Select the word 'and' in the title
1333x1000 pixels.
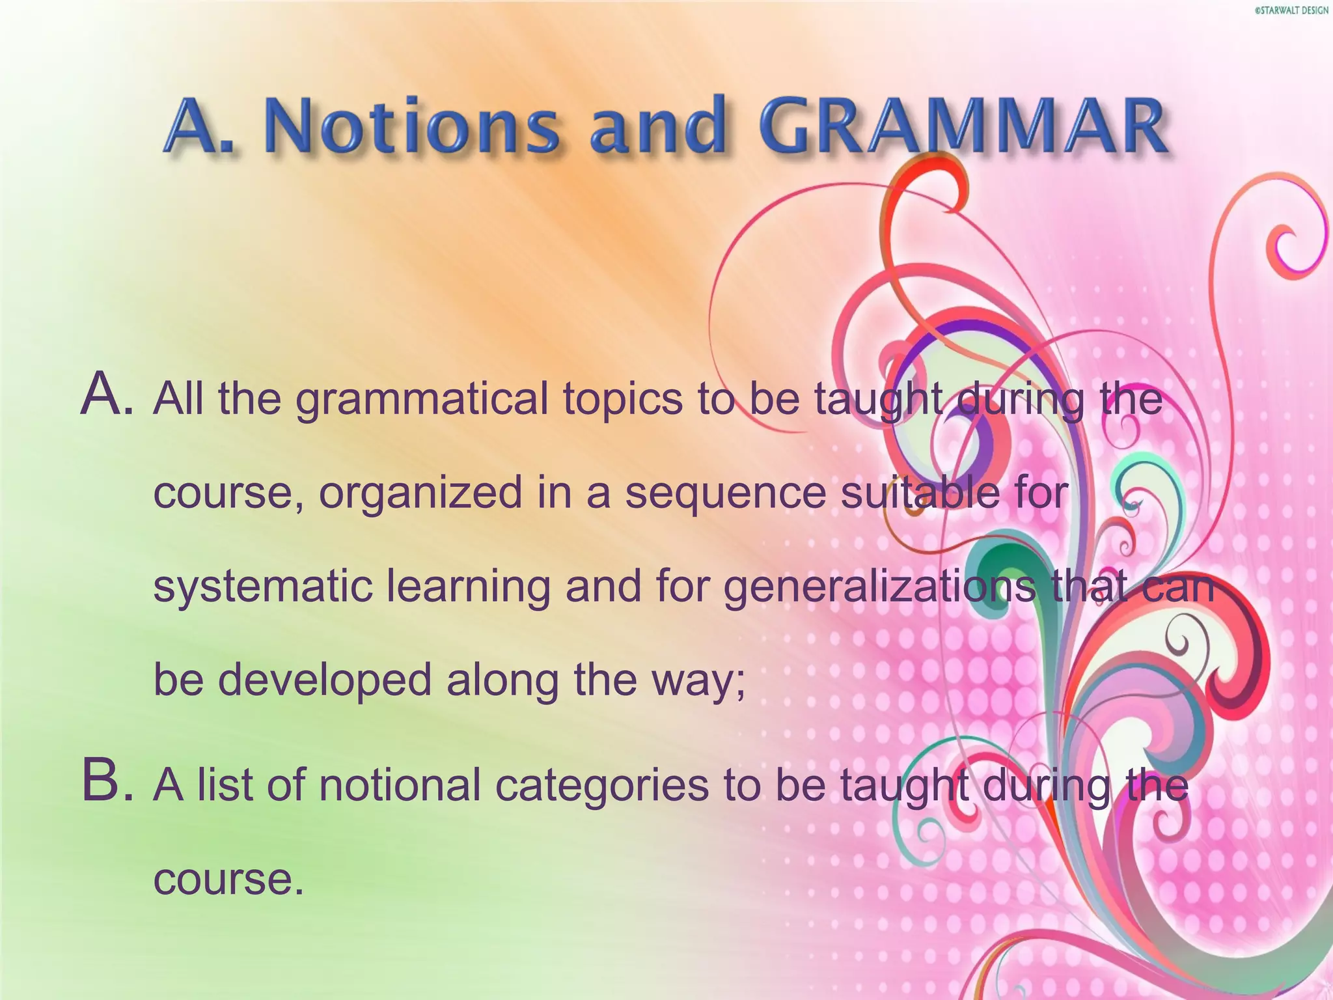tap(657, 126)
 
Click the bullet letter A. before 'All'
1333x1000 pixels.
tap(107, 396)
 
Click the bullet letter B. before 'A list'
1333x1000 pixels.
tap(107, 783)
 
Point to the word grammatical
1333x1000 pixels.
tap(422, 400)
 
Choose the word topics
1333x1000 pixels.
tap(623, 400)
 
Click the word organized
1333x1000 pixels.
tap(420, 493)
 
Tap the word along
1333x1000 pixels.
tap(502, 680)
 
